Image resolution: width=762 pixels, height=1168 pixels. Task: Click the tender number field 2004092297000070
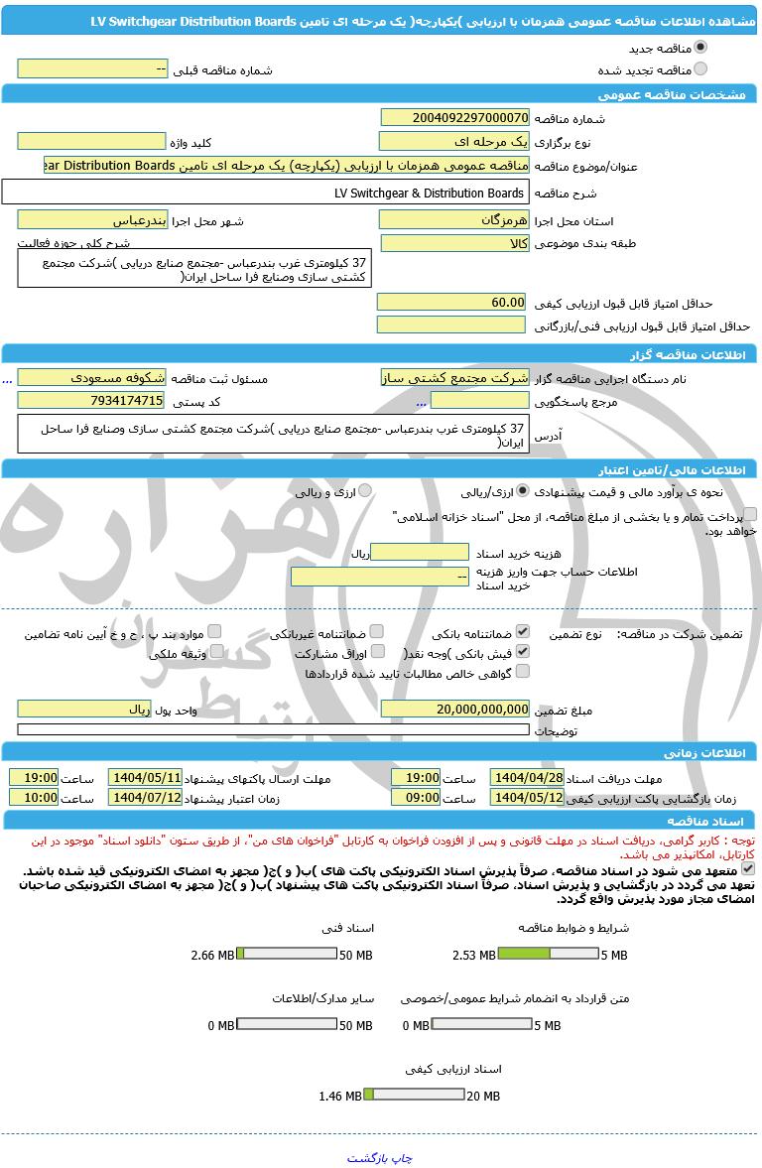tap(455, 118)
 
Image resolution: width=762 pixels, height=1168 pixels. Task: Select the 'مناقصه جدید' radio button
tap(700, 48)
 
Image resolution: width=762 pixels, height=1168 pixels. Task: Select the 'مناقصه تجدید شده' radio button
tap(700, 69)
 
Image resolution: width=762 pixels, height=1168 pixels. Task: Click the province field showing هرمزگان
tap(455, 220)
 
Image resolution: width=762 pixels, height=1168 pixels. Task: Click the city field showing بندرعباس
tap(93, 220)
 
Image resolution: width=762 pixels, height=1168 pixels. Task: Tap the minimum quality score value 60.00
tap(455, 302)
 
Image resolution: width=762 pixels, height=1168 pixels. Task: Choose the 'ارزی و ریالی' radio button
tap(365, 491)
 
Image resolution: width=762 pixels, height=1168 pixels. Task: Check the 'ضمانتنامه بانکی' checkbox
tap(523, 632)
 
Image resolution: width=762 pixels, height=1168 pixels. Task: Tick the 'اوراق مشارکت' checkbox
tap(376, 653)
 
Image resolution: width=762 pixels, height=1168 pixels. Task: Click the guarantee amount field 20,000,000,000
tap(455, 710)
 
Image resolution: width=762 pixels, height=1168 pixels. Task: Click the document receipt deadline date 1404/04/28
tap(527, 778)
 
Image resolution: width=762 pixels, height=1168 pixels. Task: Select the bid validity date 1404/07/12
tap(145, 798)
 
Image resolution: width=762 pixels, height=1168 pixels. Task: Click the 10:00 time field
tap(34, 798)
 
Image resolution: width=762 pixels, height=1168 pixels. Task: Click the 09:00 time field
tap(416, 798)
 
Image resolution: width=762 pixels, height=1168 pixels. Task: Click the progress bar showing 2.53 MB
tap(548, 955)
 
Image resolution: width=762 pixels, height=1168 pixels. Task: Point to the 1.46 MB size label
tap(339, 1097)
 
